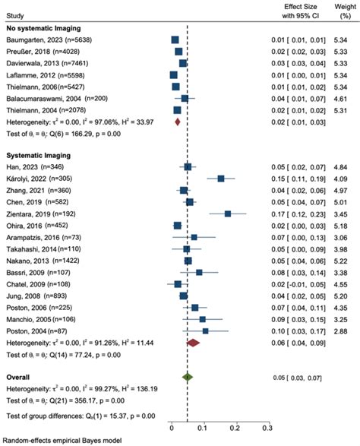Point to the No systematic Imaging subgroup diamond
click(177, 121)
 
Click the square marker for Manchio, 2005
click(203, 319)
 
